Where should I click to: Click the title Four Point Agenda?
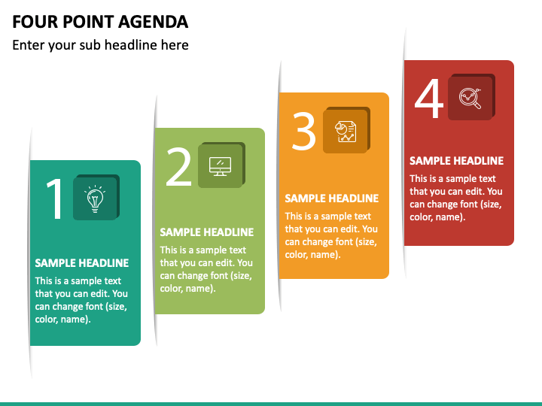(100, 21)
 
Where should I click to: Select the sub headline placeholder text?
(100, 45)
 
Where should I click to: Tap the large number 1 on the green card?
(55, 199)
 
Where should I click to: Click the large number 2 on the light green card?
(179, 167)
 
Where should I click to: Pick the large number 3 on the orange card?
(304, 132)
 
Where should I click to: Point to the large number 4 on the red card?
(429, 99)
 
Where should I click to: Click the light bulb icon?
(95, 198)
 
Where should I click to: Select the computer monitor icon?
(220, 165)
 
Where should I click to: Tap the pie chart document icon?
(346, 132)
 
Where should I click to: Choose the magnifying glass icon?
(470, 98)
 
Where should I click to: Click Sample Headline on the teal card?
(82, 263)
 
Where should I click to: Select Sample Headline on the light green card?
(207, 232)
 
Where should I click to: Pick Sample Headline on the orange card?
(331, 198)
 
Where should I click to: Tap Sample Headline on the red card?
(456, 161)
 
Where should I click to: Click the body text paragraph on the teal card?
(81, 300)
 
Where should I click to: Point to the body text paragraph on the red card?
(456, 198)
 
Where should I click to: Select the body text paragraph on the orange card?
(331, 235)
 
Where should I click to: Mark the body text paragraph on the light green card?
(206, 269)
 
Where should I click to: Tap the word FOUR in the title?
(32, 21)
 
